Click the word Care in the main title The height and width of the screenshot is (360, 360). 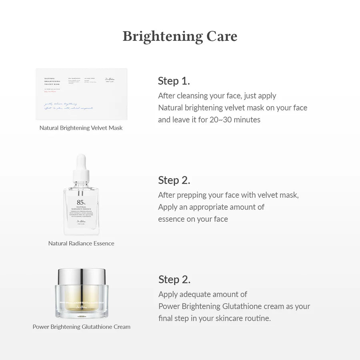pyautogui.click(x=222, y=36)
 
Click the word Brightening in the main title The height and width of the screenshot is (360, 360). pyautogui.click(x=163, y=36)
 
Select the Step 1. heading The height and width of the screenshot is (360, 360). pyautogui.click(x=174, y=81)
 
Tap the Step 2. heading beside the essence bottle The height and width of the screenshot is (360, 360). pyautogui.click(x=174, y=180)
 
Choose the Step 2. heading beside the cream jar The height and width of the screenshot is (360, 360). pyautogui.click(x=174, y=279)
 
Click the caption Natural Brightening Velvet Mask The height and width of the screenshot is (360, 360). pyautogui.click(x=81, y=128)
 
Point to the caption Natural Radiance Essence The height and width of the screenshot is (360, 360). pyautogui.click(x=81, y=243)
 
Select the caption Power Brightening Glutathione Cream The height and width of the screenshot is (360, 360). pyautogui.click(x=81, y=327)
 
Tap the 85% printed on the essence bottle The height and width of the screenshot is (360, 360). pyautogui.click(x=81, y=202)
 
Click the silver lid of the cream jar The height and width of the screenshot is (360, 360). pyautogui.click(x=81, y=276)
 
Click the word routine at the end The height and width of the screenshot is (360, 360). pyautogui.click(x=257, y=318)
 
